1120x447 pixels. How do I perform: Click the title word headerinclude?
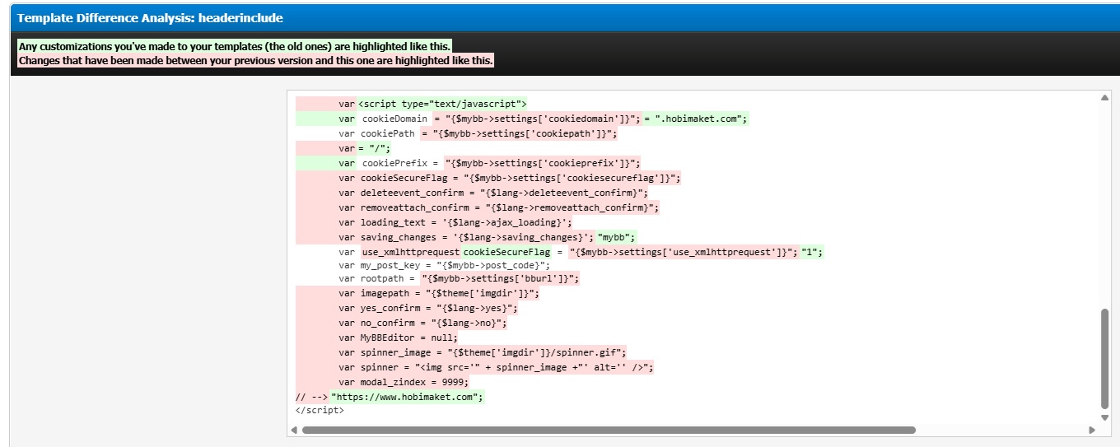[x=240, y=18]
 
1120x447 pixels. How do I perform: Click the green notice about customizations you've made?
[x=235, y=46]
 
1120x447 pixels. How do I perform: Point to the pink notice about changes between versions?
[x=255, y=60]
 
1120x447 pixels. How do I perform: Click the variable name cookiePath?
[x=388, y=133]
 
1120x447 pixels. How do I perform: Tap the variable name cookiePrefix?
[x=395, y=163]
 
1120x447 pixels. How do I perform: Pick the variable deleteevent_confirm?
[x=412, y=193]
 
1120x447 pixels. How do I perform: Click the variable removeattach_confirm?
[x=414, y=207]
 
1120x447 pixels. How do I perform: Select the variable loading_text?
[x=393, y=222]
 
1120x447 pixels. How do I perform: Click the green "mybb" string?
[x=617, y=237]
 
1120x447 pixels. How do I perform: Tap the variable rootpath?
[x=382, y=278]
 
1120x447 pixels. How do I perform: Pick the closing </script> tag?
[x=320, y=410]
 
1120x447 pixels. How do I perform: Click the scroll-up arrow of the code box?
[x=1104, y=97]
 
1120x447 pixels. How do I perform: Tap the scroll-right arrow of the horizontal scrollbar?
[x=1092, y=430]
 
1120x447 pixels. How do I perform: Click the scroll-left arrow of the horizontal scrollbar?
[x=294, y=430]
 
